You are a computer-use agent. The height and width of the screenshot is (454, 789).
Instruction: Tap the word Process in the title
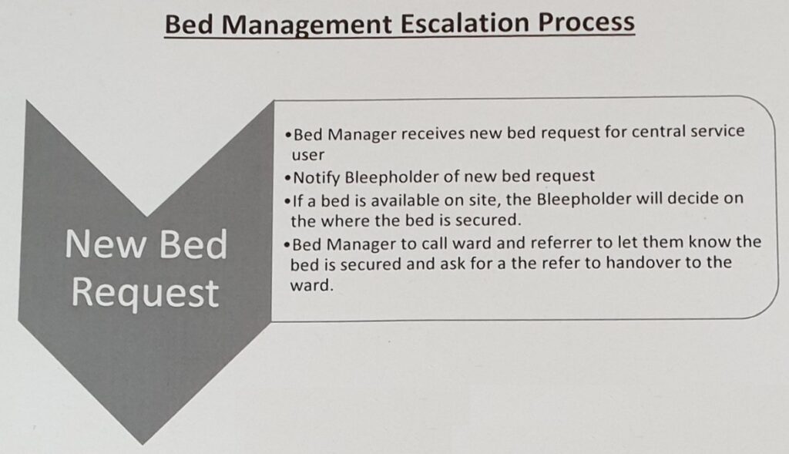click(x=586, y=23)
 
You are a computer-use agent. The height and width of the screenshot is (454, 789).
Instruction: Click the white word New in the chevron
click(x=104, y=244)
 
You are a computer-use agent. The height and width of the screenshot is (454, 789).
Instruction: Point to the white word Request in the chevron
click(x=146, y=294)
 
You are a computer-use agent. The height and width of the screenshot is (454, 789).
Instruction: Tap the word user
click(x=308, y=155)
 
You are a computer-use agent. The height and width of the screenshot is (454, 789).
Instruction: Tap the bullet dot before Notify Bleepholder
click(x=287, y=178)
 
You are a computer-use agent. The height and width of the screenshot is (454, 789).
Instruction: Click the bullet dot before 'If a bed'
click(x=287, y=201)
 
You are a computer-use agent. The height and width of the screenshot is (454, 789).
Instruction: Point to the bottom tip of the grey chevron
click(x=143, y=445)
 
